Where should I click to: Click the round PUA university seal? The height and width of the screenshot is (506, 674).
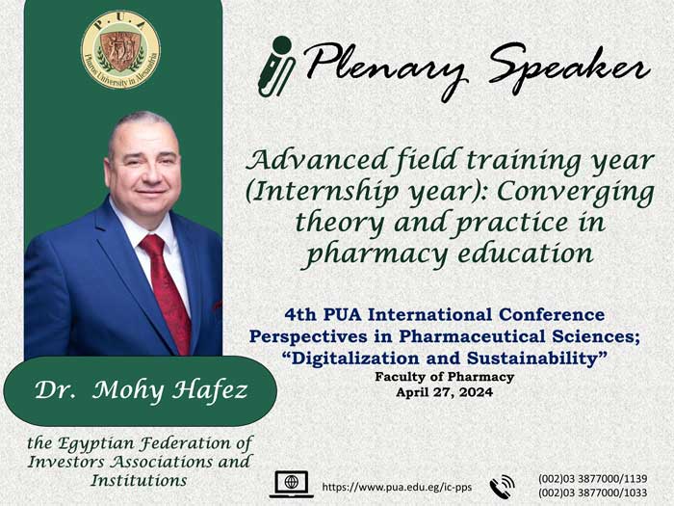[x=120, y=49]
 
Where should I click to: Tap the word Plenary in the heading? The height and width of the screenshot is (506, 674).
[x=385, y=68]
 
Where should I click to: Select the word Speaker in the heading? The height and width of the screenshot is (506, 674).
[x=569, y=68]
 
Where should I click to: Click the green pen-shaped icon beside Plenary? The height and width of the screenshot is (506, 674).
[x=276, y=66]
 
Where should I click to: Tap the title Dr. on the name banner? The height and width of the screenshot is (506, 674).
[x=56, y=389]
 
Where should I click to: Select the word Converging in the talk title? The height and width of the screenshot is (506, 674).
[x=576, y=193]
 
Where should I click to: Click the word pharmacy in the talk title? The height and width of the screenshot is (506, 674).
[x=377, y=253]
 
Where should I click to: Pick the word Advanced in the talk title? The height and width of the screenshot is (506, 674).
[x=317, y=160]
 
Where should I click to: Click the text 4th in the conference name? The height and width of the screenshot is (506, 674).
[x=300, y=315]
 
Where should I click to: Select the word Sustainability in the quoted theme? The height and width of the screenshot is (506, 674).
[x=534, y=358]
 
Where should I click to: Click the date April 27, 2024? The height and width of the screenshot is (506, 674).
[x=445, y=392]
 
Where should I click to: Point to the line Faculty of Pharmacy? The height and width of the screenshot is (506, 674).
[x=445, y=377]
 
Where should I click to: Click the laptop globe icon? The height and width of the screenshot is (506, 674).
[x=292, y=485]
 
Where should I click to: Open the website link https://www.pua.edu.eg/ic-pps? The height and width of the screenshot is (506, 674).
[x=397, y=487]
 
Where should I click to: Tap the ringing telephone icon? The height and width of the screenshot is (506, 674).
[x=502, y=486]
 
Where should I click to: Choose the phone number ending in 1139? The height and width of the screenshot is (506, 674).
[x=592, y=478]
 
